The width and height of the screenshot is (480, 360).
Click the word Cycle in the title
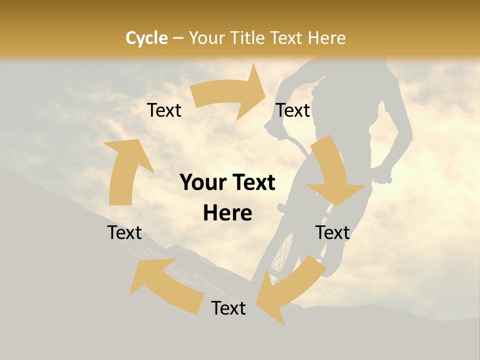(x=146, y=38)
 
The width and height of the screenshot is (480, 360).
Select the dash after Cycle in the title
(x=178, y=38)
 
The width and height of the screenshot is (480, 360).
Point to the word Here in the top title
(x=326, y=38)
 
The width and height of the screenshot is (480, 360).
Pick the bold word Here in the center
(x=227, y=213)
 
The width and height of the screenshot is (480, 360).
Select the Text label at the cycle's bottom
(x=228, y=308)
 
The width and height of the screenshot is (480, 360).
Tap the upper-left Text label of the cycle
(x=164, y=110)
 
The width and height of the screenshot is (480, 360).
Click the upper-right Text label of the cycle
(x=293, y=110)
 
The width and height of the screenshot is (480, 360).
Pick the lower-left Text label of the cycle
(x=125, y=232)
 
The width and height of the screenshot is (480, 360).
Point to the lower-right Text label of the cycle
(x=332, y=232)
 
